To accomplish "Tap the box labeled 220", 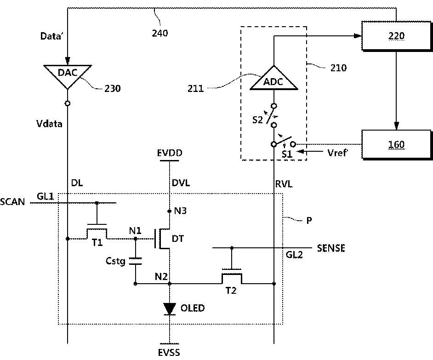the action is (x=397, y=36).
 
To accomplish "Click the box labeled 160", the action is (x=397, y=144).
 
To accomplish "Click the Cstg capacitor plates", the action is (x=135, y=261).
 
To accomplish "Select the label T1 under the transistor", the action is (x=97, y=243).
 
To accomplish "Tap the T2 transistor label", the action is (x=231, y=291).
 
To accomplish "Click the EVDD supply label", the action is (x=170, y=153).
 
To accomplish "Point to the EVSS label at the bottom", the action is (x=169, y=353).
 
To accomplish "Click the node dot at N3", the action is (x=170, y=211).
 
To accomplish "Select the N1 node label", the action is (x=135, y=230).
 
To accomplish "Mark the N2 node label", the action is (x=161, y=277).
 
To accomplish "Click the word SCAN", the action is (x=12, y=202).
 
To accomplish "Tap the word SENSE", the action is (x=331, y=248).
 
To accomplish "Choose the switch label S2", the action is (x=257, y=120).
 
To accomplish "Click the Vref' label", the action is (x=337, y=153).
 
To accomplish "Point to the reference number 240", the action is (x=160, y=33).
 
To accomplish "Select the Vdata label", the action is (x=49, y=124).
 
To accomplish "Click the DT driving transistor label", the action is (x=177, y=239).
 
